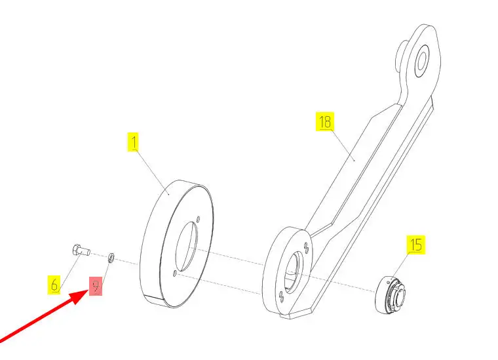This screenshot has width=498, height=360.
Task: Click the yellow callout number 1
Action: click(x=133, y=142)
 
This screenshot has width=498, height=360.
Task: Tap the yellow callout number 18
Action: click(x=325, y=121)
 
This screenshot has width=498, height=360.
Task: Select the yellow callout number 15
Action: click(x=415, y=245)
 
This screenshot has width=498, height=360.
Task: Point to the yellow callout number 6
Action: click(x=54, y=285)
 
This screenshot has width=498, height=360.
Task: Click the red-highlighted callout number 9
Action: click(x=96, y=287)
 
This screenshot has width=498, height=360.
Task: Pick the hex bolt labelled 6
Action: click(x=81, y=250)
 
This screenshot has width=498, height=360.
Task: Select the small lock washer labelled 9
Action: click(x=111, y=258)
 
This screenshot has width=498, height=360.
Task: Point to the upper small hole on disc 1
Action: click(x=198, y=219)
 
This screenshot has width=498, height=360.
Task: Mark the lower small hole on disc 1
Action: click(x=175, y=273)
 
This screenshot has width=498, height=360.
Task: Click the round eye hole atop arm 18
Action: click(x=422, y=62)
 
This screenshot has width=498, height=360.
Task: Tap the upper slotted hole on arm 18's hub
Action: click(x=306, y=247)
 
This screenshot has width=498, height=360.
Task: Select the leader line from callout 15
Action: click(x=401, y=267)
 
